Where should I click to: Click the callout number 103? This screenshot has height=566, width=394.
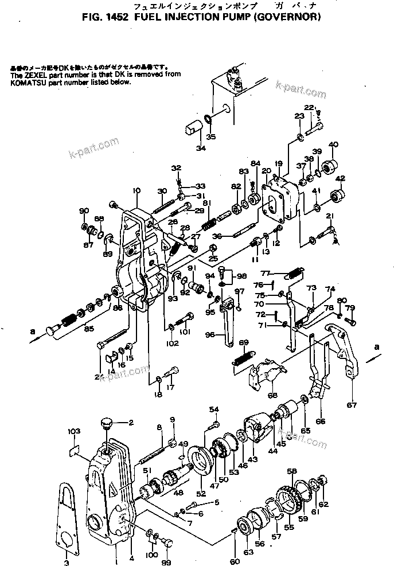tap(73, 430)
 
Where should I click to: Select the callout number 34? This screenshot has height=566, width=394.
tap(200, 149)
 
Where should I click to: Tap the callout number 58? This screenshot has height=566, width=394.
tap(292, 471)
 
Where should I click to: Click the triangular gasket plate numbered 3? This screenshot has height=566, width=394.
tap(68, 513)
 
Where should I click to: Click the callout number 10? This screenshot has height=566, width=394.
tap(136, 190)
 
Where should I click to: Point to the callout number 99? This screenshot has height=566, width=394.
tap(168, 555)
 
